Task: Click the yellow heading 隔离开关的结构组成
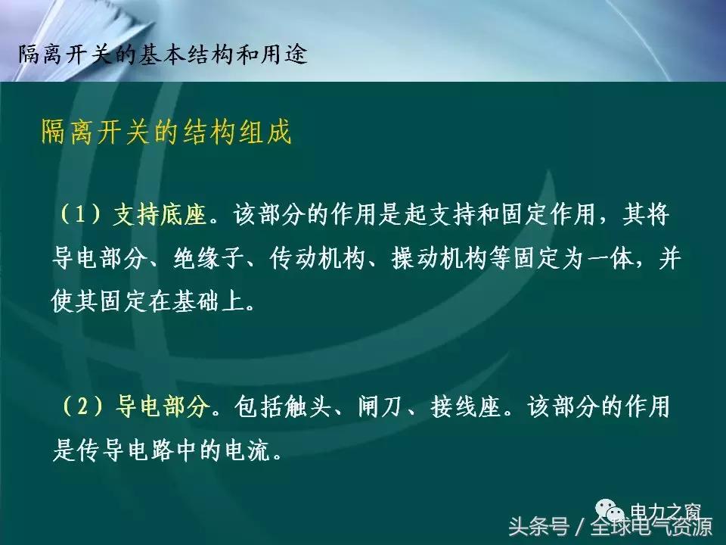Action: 166,133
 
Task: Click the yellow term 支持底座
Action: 160,215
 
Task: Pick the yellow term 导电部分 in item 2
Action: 162,409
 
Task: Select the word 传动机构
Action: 318,259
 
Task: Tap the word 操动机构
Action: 440,259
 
